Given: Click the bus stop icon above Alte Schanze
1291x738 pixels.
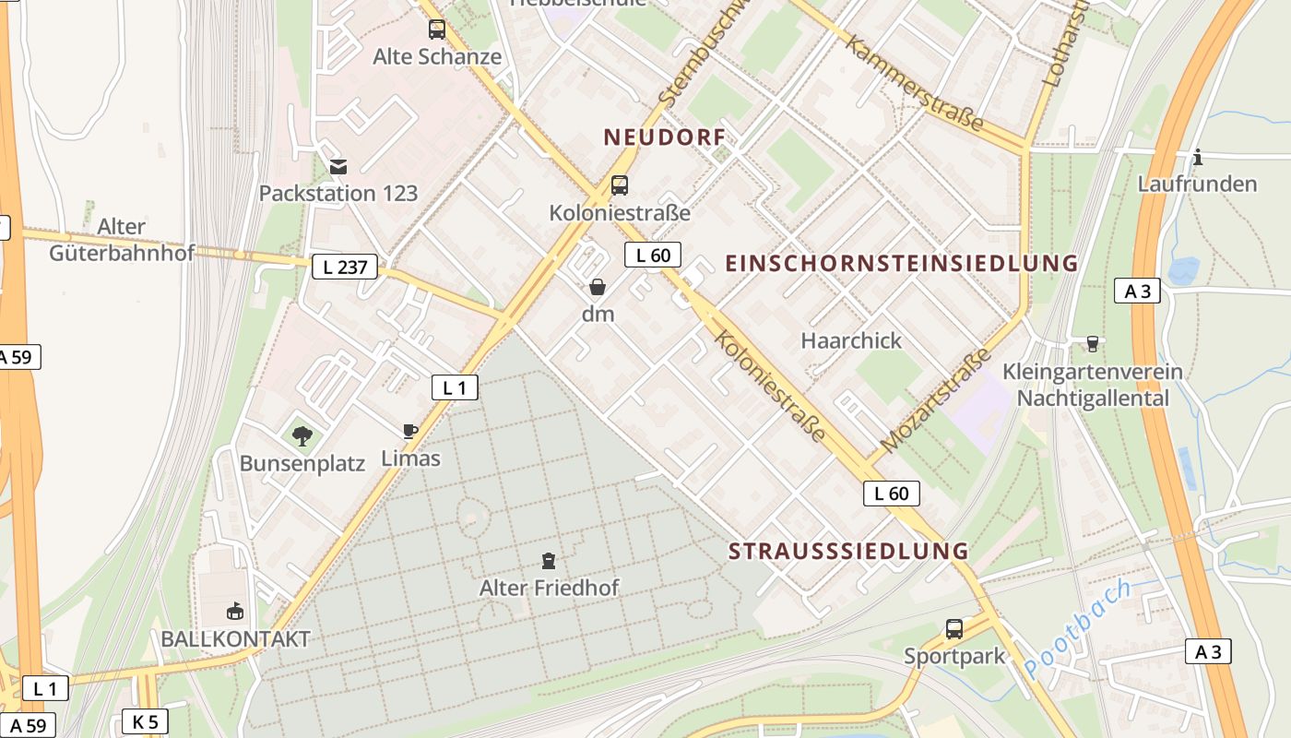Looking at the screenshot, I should click(x=437, y=30).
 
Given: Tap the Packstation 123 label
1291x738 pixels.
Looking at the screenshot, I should click(x=338, y=194).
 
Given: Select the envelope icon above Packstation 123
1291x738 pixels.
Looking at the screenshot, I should click(x=338, y=167).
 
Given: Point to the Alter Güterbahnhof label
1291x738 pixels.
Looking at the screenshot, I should click(x=122, y=239).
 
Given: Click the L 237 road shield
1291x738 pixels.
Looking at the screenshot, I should click(x=345, y=268).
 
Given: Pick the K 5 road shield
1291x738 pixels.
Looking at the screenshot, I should click(x=145, y=721).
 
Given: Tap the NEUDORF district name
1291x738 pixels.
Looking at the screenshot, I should click(x=664, y=137).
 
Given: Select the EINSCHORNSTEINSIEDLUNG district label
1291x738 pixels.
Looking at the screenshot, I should click(x=901, y=263).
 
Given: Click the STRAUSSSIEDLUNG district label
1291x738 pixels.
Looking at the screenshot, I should click(x=848, y=552).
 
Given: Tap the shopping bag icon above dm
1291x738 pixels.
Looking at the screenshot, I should click(x=598, y=287).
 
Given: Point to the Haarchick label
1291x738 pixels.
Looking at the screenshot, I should click(x=851, y=340).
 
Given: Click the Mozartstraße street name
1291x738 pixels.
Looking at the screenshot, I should click(x=935, y=400).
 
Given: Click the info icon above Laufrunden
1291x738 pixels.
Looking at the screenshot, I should click(x=1197, y=157).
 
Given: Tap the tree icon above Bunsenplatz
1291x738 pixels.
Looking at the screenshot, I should click(x=302, y=435).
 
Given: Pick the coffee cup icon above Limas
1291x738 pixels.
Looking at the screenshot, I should click(x=410, y=431).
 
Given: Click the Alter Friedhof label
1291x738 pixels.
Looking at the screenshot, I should click(x=549, y=588).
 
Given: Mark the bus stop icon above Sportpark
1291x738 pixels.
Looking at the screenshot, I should click(x=954, y=629).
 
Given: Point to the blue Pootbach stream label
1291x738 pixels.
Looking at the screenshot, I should click(x=1076, y=629).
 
